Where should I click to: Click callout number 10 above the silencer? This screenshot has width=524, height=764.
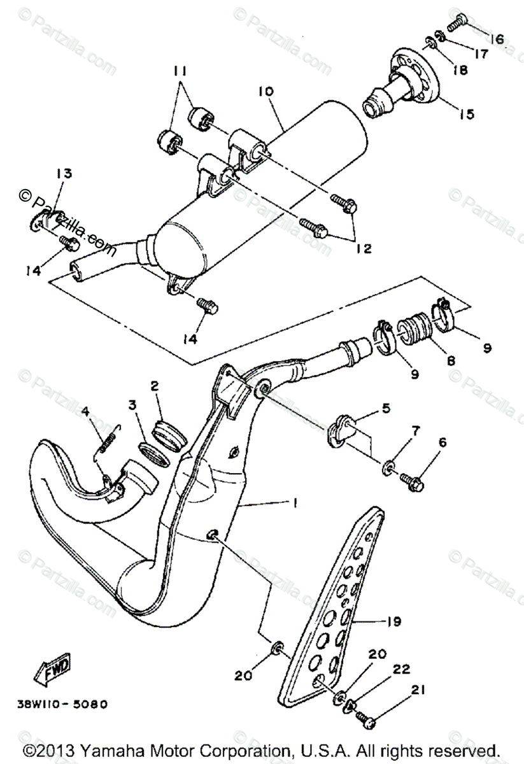[x=266, y=92]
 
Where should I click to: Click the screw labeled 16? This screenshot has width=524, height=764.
[x=458, y=24]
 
